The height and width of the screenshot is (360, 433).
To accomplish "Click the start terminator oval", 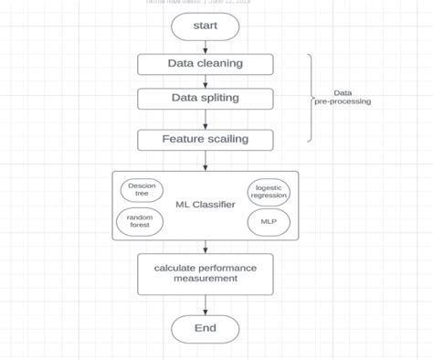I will [x=206, y=26].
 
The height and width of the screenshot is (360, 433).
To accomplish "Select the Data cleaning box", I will [x=206, y=64].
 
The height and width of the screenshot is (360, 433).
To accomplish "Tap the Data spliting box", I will [x=206, y=98].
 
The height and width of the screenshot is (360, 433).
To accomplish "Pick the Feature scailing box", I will [x=206, y=140].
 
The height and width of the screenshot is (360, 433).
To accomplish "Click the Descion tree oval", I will [x=142, y=190].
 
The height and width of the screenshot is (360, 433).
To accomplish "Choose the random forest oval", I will [x=140, y=221].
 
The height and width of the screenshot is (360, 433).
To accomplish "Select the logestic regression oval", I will [x=269, y=191].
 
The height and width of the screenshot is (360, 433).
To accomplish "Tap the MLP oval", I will [x=269, y=221].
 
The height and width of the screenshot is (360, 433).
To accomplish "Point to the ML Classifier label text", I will [x=206, y=205].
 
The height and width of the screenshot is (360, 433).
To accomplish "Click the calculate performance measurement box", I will [x=206, y=273].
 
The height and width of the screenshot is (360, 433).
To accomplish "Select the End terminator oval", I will [x=206, y=329].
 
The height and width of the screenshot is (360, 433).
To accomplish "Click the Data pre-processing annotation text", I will [x=343, y=97].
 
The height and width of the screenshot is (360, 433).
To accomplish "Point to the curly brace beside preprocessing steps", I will [x=311, y=97].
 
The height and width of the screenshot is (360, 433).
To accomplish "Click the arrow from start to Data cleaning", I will [x=206, y=47].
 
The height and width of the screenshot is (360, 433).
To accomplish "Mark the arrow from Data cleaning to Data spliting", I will [x=206, y=81].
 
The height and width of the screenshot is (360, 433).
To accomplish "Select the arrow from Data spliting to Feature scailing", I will [x=206, y=119].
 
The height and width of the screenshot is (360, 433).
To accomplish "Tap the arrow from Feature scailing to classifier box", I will [x=206, y=161].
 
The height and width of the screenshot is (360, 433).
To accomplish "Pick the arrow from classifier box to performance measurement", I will [x=206, y=247].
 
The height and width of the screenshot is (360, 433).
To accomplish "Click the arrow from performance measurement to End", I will [x=206, y=305].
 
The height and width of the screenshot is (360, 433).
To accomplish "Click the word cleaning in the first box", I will [x=221, y=64].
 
